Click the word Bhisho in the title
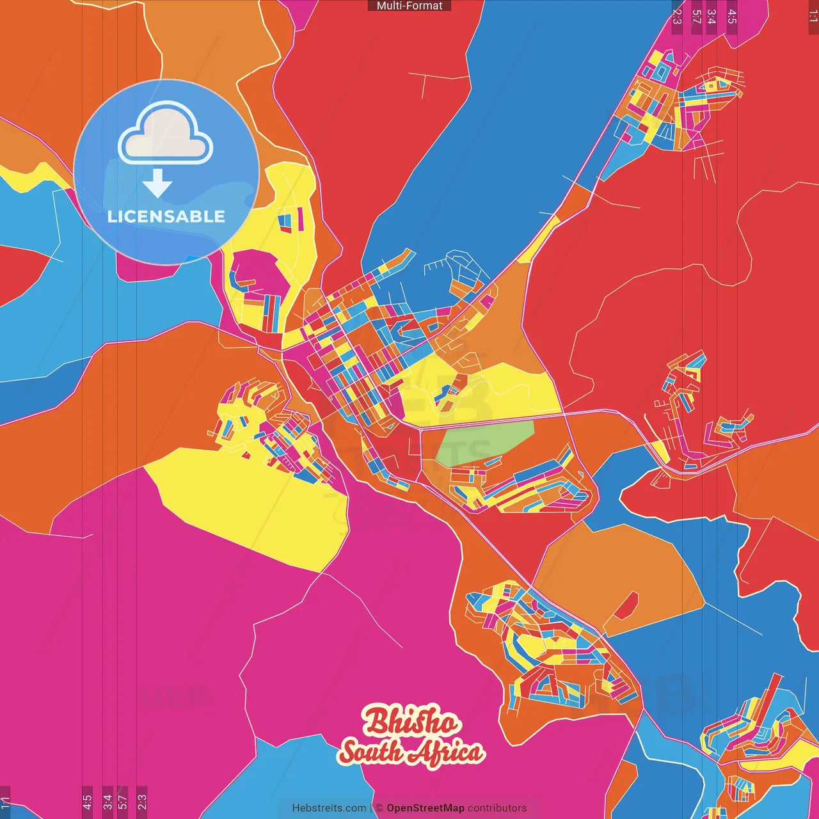click(x=411, y=722)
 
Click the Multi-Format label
click(x=409, y=6)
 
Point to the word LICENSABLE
click(x=166, y=216)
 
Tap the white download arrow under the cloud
click(x=157, y=183)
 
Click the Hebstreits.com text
click(x=329, y=808)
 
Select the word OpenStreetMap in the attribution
click(x=425, y=808)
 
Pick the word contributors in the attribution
click(x=497, y=808)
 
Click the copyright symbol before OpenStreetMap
click(x=379, y=808)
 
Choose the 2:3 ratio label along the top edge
click(x=677, y=16)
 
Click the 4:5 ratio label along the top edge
click(x=732, y=16)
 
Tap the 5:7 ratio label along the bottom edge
click(x=123, y=802)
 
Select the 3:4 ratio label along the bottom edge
click(x=107, y=802)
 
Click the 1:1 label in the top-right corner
click(x=813, y=16)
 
